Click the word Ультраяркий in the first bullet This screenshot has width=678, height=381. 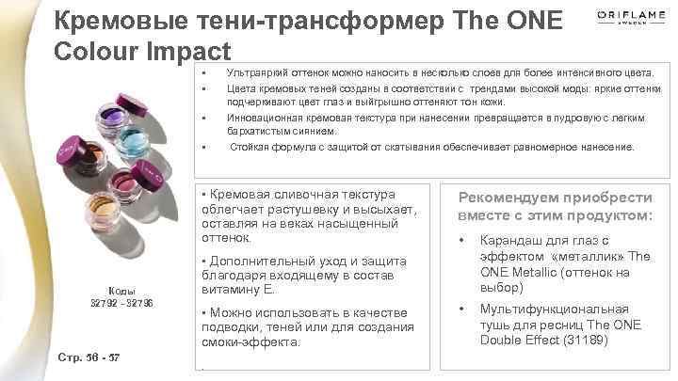point(255,72)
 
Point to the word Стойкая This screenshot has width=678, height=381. point(250,148)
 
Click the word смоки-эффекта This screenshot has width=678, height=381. point(250,342)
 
